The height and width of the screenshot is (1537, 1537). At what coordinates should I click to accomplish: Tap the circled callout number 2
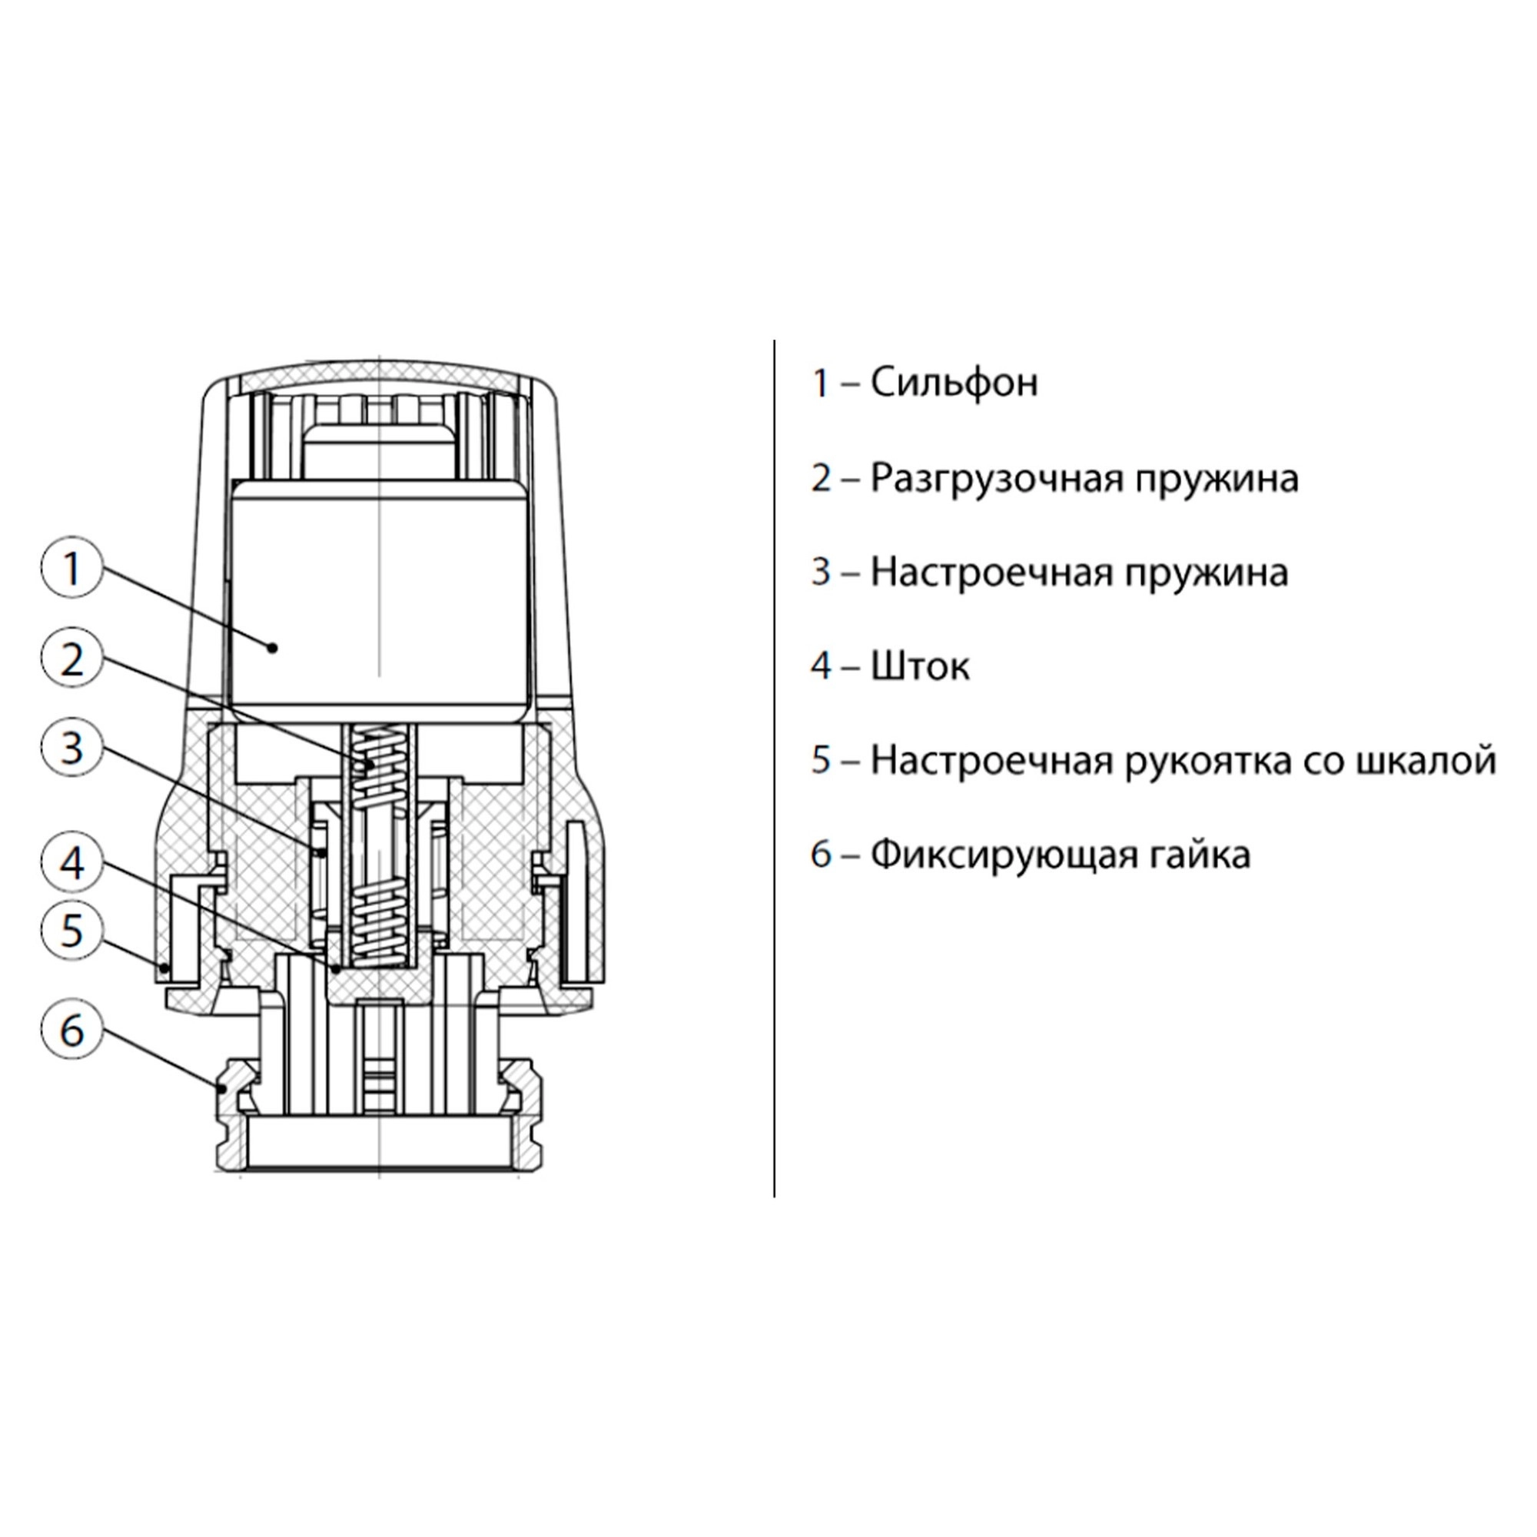click(72, 659)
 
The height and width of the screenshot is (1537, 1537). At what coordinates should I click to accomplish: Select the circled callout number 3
click(72, 749)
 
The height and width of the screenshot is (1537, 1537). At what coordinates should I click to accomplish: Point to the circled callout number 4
click(72, 862)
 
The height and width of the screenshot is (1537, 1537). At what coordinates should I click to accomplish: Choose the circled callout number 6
click(72, 1031)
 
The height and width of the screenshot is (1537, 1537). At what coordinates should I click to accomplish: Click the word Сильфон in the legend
click(954, 383)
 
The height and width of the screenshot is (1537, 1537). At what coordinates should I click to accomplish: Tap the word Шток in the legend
click(920, 666)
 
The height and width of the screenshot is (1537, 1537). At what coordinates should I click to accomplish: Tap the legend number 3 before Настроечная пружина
click(820, 572)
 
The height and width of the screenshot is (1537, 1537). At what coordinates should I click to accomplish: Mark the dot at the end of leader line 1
click(273, 648)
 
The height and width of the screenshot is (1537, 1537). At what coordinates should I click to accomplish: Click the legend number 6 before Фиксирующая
click(820, 855)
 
